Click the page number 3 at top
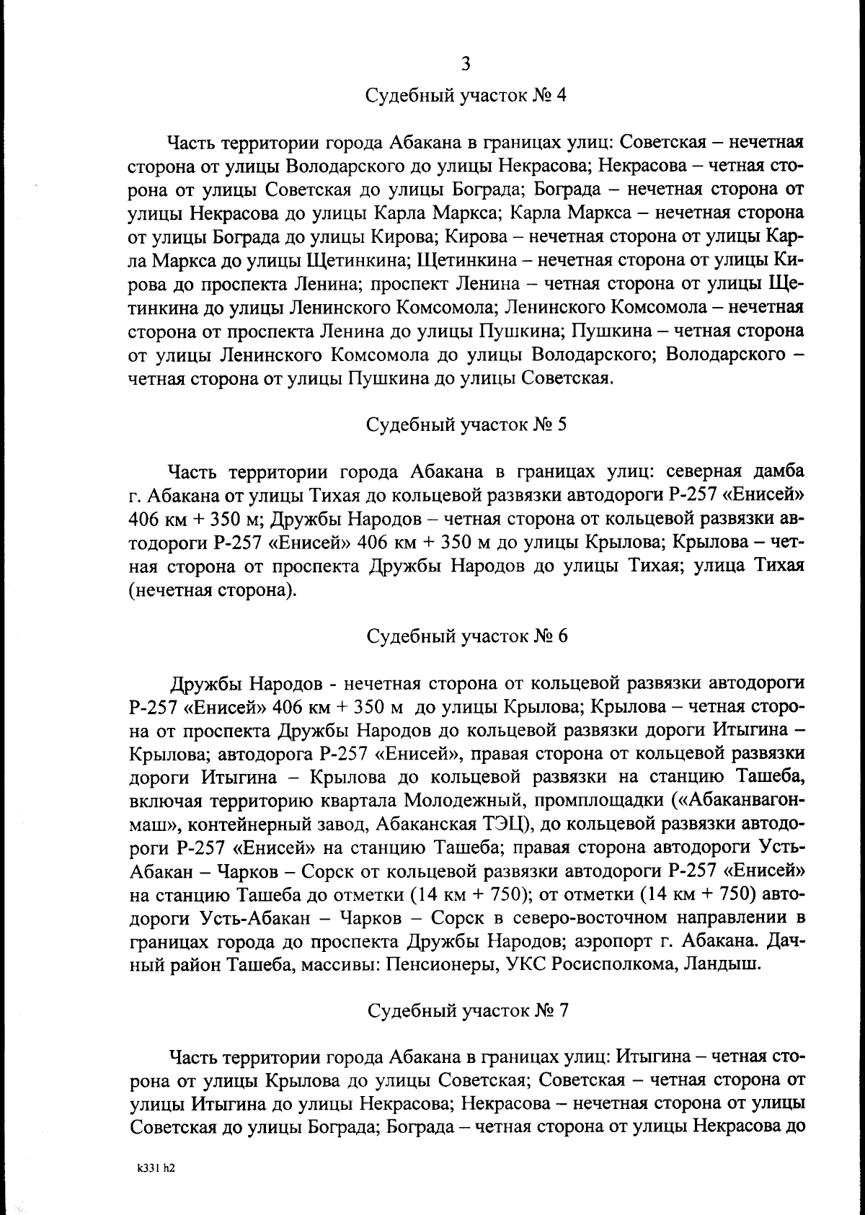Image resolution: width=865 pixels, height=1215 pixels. tap(466, 64)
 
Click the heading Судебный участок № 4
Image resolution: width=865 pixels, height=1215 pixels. tap(466, 96)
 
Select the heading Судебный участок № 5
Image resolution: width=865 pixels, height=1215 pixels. tap(466, 424)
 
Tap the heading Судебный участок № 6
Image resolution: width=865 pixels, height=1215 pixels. tap(466, 636)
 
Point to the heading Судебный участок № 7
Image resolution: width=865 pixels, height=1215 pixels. tap(466, 1010)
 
